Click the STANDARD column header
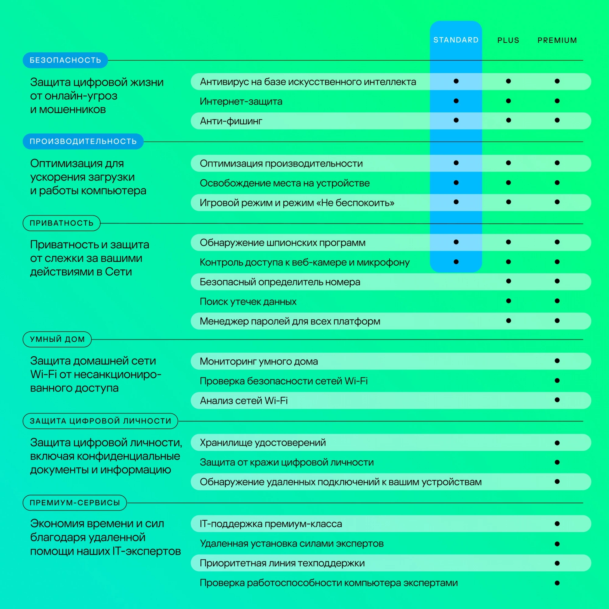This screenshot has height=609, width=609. (456, 40)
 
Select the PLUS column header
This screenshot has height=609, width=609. (508, 40)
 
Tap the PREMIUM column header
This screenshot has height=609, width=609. (557, 40)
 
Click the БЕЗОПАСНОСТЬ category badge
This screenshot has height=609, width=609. (65, 60)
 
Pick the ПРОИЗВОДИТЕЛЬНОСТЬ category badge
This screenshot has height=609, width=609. (83, 142)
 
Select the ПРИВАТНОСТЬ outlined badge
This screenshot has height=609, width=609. (62, 223)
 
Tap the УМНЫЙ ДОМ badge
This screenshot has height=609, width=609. (57, 339)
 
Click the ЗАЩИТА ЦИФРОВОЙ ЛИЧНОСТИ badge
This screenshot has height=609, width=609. (100, 421)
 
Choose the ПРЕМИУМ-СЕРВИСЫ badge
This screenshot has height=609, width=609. (75, 502)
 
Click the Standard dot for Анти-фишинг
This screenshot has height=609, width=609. (456, 120)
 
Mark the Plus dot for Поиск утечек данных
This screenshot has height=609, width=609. (508, 301)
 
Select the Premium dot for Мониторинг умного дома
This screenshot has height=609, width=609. (557, 361)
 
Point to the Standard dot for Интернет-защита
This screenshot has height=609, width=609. (456, 101)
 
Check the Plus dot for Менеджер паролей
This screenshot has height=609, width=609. (508, 321)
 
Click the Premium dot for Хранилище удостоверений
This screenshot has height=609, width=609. (557, 443)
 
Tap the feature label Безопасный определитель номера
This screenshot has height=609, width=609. (280, 282)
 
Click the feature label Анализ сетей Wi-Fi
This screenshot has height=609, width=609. (244, 400)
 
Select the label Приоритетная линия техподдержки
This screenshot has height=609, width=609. (282, 563)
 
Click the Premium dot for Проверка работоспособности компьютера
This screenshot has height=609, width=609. (557, 583)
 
